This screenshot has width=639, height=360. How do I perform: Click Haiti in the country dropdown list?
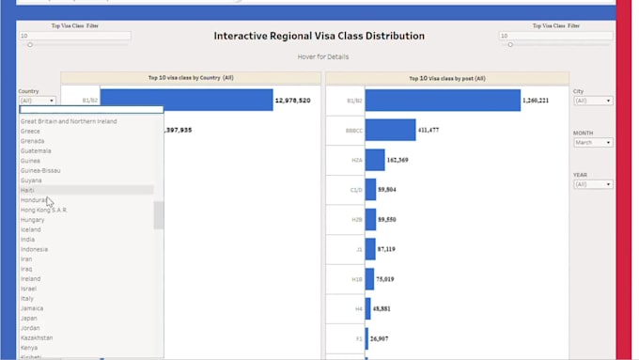coord(29,190)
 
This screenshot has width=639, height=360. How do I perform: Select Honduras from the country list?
coord(34,200)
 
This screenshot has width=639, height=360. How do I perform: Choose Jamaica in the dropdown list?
coord(32,308)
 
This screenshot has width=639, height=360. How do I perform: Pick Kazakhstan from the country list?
coord(37,337)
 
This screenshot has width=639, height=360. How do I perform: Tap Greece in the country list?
coord(31,132)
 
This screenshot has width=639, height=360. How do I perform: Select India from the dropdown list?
coord(28,239)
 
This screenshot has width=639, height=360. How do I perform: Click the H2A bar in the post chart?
coord(375,160)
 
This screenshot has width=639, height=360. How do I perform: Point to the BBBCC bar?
coord(390,130)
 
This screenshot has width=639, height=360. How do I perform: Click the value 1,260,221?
coord(537,101)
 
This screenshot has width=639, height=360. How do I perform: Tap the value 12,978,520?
coord(292,101)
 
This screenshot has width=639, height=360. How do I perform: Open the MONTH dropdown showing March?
coord(593,143)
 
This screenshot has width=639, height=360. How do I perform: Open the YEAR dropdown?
coord(593,185)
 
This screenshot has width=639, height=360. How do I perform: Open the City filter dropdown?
coord(593,101)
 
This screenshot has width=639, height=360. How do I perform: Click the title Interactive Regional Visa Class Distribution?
coord(319,37)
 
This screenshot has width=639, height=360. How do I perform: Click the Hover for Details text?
coord(319,57)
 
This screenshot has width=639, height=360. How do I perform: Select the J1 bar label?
coord(357,249)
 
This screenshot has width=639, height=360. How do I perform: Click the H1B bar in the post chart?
coord(370,278)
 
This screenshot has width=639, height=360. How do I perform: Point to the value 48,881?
coord(382,308)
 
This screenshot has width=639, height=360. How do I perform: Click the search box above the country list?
coord(90,110)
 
